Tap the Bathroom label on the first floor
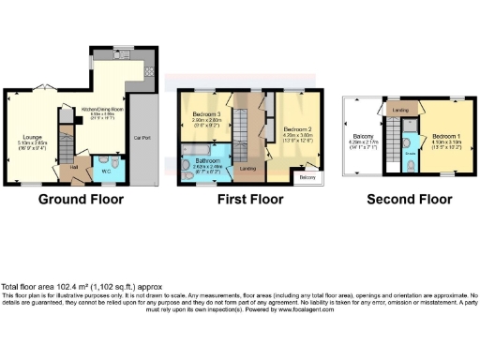point(205,160)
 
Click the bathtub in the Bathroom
point(200,149)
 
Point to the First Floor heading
point(249,199)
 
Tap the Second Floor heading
point(408,199)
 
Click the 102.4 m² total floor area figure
point(81,287)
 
